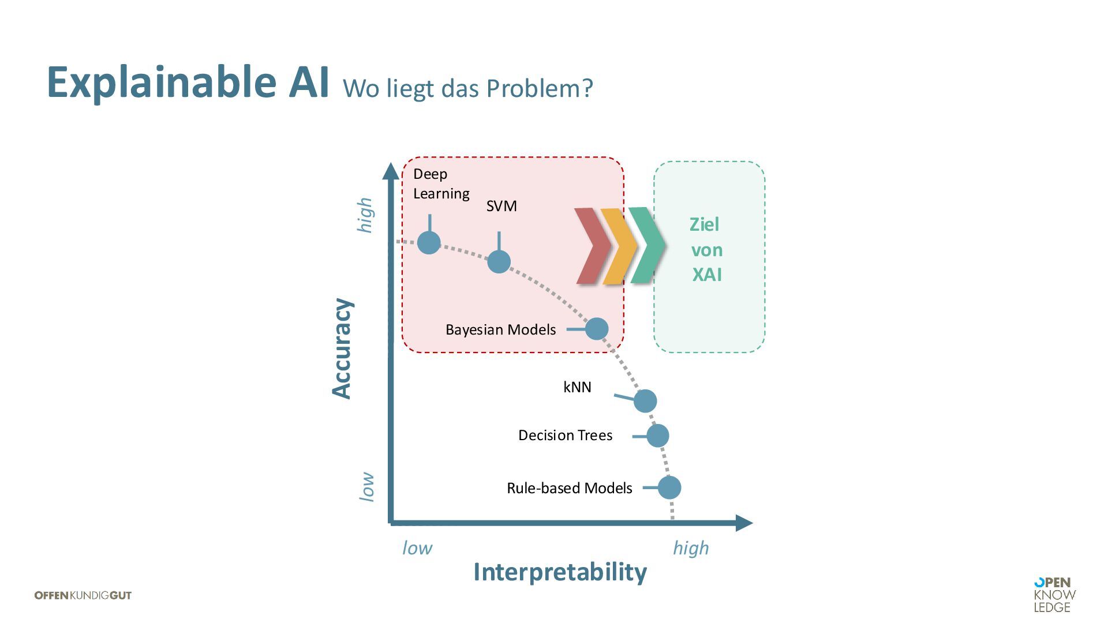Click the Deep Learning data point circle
pyautogui.click(x=429, y=243)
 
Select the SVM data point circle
pyautogui.click(x=499, y=262)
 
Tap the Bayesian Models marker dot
pyautogui.click(x=597, y=329)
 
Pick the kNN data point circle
pyautogui.click(x=645, y=401)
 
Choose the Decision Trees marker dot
pyautogui.click(x=658, y=436)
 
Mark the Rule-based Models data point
pyautogui.click(x=669, y=488)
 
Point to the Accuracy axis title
pyautogui.click(x=342, y=348)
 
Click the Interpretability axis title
pyautogui.click(x=560, y=572)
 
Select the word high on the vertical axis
pyautogui.click(x=365, y=215)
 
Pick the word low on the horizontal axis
pyautogui.click(x=417, y=548)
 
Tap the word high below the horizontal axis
pyautogui.click(x=691, y=548)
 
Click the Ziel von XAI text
pyautogui.click(x=706, y=250)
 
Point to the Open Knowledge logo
pyautogui.click(x=1054, y=595)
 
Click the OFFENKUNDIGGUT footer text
pyautogui.click(x=83, y=595)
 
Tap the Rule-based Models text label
pyautogui.click(x=569, y=488)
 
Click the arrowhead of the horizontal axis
pyautogui.click(x=744, y=523)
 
